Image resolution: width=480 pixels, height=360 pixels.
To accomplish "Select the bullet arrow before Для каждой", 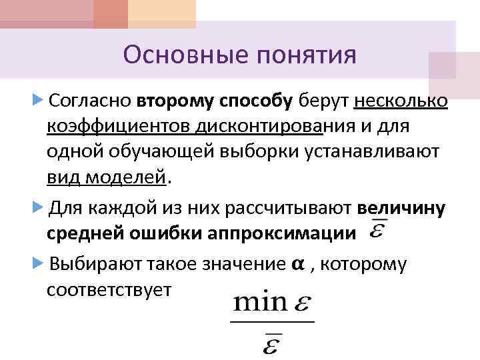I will [x=37, y=207].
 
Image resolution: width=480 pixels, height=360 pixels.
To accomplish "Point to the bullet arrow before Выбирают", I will [x=37, y=263].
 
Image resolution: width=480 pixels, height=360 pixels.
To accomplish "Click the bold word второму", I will [x=176, y=101].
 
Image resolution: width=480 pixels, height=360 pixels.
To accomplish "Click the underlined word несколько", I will [x=401, y=101].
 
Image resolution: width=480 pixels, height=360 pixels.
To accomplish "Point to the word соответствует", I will [x=109, y=290].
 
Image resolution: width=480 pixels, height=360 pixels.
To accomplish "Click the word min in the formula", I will [x=259, y=305].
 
